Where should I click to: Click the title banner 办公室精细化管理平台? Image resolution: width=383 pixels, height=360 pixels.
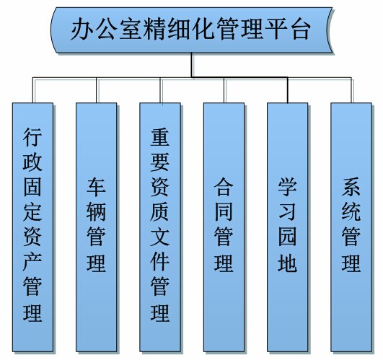192,30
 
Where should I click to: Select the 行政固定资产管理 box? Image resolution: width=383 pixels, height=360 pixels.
32,227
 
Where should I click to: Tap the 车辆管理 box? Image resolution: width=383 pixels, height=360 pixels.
96,227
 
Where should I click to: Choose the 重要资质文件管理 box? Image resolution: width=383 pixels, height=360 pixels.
160,227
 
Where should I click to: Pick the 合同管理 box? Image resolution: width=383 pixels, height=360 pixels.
224,227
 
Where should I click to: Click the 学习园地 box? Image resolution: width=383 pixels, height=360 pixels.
288,227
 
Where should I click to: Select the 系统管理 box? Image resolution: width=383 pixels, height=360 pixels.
351,227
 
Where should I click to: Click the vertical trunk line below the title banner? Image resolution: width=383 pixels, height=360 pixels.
192,65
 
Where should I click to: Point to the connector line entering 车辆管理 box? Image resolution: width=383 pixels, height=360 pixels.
96,90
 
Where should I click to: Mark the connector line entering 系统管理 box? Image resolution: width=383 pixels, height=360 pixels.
351,90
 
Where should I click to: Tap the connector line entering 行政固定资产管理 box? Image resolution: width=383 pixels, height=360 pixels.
32,90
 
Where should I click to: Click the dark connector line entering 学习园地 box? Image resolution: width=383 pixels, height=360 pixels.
288,90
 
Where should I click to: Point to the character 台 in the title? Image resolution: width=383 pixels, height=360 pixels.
301,29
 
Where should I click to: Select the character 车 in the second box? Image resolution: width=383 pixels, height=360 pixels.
96,188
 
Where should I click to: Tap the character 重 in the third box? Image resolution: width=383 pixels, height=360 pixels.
160,137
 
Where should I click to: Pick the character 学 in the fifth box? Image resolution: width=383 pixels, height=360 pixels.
288,188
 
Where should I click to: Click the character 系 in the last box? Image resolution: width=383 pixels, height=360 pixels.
351,188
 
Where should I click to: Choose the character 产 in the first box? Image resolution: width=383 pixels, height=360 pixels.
32,263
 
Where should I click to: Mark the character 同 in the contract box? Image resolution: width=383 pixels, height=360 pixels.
224,212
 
